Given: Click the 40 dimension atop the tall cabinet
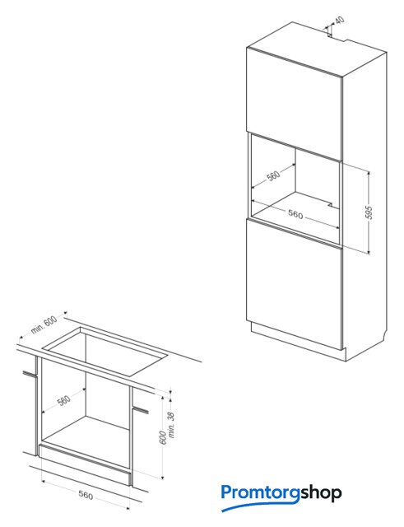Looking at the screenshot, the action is [x=340, y=20].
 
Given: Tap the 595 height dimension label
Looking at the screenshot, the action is [x=369, y=212].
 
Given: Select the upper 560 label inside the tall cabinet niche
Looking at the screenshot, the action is [x=273, y=175].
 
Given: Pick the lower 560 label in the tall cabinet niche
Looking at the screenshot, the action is [x=295, y=214].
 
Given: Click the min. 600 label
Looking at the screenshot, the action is [x=44, y=325].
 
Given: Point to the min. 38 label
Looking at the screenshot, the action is [x=171, y=425].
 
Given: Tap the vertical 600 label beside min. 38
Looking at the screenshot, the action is [x=163, y=437].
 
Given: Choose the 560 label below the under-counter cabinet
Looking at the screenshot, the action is [x=86, y=495].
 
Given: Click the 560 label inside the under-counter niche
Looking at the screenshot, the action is [x=64, y=400].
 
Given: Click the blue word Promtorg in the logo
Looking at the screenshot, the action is [x=260, y=493].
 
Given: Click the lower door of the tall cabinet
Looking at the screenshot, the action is [x=295, y=284].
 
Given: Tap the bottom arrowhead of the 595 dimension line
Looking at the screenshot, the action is [x=369, y=251].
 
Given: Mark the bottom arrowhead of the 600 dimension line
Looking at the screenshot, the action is [x=163, y=476].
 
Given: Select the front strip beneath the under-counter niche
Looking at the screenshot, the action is [x=85, y=464].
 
